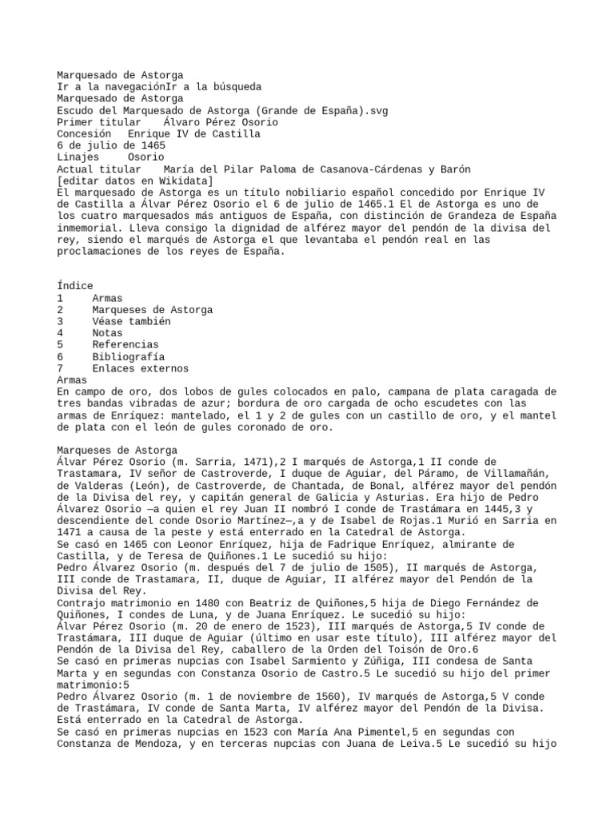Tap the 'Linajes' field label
(x=78, y=157)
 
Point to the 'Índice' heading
(x=75, y=286)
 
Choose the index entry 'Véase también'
(x=131, y=321)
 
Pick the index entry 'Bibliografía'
(x=128, y=356)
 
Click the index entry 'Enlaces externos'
(x=140, y=368)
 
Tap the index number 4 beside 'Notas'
(x=61, y=333)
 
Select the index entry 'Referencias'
(x=126, y=344)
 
